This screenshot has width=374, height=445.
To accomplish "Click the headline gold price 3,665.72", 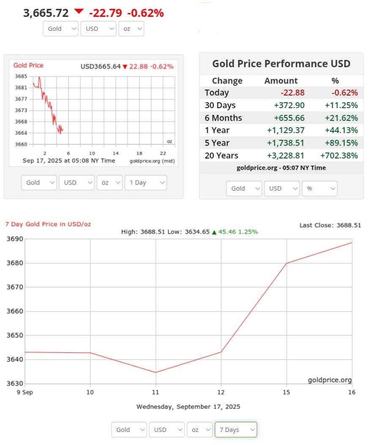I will coord(46,13).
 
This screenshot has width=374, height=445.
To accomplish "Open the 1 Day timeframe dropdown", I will coord(145,183).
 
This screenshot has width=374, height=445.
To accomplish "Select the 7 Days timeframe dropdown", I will coord(235,429).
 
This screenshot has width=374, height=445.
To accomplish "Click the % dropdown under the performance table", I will coord(319,188).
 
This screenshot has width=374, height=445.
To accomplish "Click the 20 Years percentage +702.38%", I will coord(341,156).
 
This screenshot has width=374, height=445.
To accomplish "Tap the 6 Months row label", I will coord(223,118).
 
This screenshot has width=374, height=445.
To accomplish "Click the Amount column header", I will coord(281,81).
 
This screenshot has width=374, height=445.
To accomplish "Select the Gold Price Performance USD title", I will coord(281,64).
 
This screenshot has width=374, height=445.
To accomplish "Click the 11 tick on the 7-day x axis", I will coord(156,392).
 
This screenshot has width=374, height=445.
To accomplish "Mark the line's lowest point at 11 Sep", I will coord(156,372).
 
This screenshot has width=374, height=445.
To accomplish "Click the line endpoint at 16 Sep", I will coord(352,242).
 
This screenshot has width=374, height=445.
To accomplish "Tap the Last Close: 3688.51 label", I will coord(330,225).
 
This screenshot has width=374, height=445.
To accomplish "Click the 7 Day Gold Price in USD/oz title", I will coord(48,224).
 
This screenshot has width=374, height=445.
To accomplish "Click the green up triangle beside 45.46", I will coord(214,232).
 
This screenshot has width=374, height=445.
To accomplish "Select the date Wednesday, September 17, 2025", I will coord(188,407).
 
